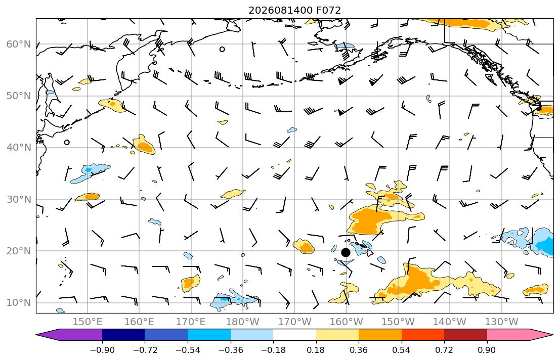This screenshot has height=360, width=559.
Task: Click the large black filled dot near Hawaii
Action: [x=346, y=252]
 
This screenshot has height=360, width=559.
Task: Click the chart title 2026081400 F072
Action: [x=294, y=10]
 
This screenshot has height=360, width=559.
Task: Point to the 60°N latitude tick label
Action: [x=19, y=44]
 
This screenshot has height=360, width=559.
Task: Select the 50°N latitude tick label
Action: [x=19, y=96]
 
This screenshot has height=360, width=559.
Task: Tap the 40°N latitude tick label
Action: [x=19, y=148]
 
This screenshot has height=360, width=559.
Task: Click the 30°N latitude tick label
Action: [x=19, y=199]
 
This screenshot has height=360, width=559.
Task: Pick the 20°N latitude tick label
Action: [x=19, y=251]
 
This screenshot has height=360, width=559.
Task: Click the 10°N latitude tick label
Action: [x=19, y=303]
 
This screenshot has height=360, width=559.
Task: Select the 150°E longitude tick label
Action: [x=88, y=322]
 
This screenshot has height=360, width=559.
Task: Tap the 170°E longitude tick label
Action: [x=191, y=322]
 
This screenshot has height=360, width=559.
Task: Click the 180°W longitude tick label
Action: [x=243, y=322]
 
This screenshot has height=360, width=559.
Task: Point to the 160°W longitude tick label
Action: [x=346, y=322]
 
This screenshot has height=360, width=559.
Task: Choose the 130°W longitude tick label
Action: [x=502, y=322]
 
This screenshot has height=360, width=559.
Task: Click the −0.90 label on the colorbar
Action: [x=102, y=350]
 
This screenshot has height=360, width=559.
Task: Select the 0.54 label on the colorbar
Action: [x=402, y=350]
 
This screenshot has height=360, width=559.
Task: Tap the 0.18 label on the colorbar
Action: [x=316, y=350]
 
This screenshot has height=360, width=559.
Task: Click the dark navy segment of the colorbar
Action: [x=123, y=335]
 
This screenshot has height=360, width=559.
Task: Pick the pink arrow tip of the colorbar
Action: [x=553, y=335]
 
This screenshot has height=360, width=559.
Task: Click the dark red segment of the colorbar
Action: [x=465, y=335]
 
